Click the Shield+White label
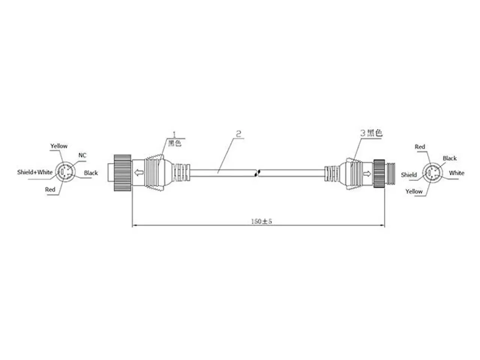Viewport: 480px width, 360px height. click(x=35, y=172)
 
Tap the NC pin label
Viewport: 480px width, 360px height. click(x=82, y=155)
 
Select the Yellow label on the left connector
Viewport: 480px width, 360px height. click(x=59, y=146)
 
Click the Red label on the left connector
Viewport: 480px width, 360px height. click(x=50, y=189)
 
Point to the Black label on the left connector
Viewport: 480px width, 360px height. click(x=91, y=173)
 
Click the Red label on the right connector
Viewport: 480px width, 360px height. click(x=420, y=147)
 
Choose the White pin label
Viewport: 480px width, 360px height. click(x=457, y=173)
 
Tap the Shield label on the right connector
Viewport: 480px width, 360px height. click(x=409, y=175)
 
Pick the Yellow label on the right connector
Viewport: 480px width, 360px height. click(x=414, y=192)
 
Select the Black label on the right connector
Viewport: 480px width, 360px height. click(x=450, y=158)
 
